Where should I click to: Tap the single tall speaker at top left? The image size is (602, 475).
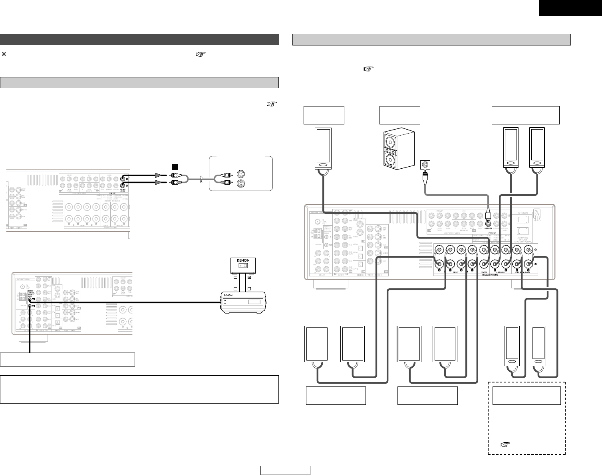(323, 149)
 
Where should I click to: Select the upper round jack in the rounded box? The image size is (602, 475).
(242, 174)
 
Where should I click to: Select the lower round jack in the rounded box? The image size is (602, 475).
(242, 183)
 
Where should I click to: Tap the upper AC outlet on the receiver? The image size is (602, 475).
(526, 219)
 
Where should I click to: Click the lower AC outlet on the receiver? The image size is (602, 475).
(526, 232)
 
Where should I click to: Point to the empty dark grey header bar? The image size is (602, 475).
(139, 39)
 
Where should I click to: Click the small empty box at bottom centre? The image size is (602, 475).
(285, 471)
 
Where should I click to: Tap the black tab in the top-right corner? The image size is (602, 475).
(570, 8)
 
